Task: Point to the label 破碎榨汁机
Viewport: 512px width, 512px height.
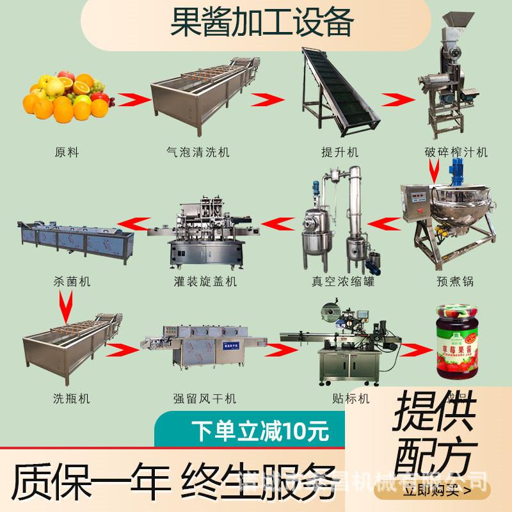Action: click(x=456, y=152)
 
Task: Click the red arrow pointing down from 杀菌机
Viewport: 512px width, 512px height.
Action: click(x=65, y=306)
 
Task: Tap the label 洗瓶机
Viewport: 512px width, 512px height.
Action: click(x=71, y=398)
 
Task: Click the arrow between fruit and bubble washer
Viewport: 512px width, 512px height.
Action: click(x=134, y=100)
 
